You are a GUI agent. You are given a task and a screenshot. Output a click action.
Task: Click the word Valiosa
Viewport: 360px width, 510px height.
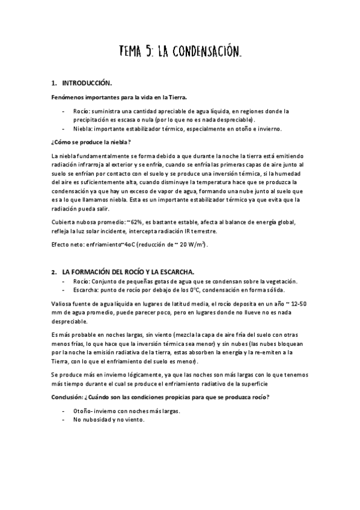click(63, 304)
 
